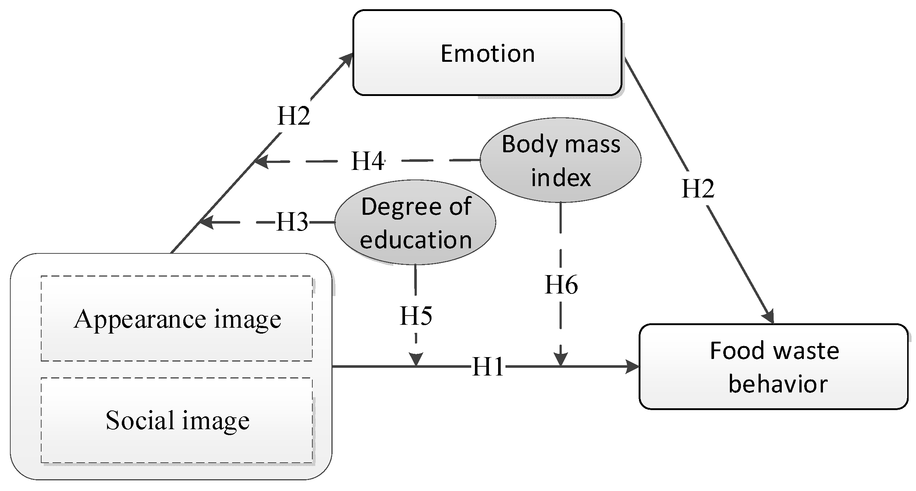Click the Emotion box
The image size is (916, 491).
pyautogui.click(x=487, y=53)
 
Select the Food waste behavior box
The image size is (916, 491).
pyautogui.click(x=774, y=367)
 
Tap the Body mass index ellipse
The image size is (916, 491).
pyautogui.click(x=560, y=160)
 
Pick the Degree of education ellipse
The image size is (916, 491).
pyautogui.click(x=415, y=223)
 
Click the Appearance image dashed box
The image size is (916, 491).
pyautogui.click(x=177, y=319)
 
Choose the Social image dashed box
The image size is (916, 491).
pyautogui.click(x=177, y=420)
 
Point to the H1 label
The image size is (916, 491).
pyautogui.click(x=488, y=367)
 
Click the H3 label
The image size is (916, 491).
pyautogui.click(x=292, y=222)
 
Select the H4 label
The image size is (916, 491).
pyautogui.click(x=368, y=161)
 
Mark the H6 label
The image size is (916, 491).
pyautogui.click(x=561, y=285)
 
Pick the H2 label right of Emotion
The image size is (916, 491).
pyautogui.click(x=697, y=189)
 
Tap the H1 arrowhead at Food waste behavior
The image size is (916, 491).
pyautogui.click(x=633, y=367)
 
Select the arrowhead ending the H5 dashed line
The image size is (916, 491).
pyautogui.click(x=416, y=359)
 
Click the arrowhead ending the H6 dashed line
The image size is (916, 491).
pyautogui.click(x=561, y=359)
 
